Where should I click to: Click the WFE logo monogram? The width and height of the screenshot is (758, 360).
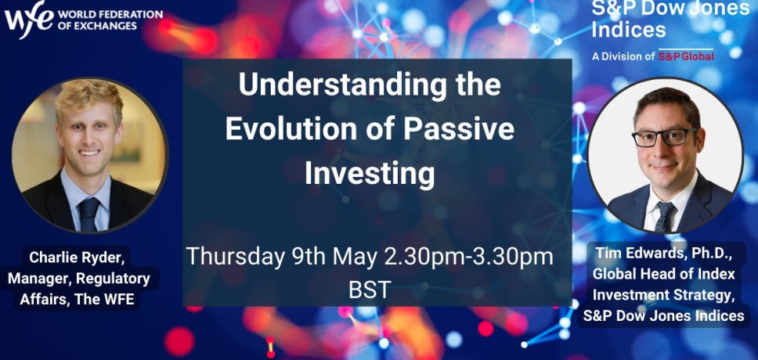(x=28, y=18)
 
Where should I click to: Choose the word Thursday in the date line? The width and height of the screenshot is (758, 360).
(x=236, y=257)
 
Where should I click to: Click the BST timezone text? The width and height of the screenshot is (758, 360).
(x=370, y=290)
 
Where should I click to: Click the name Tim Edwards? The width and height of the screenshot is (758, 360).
(x=631, y=254)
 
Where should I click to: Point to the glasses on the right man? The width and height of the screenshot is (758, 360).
(x=664, y=137)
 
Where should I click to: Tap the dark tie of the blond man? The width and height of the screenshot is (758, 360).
(x=89, y=214)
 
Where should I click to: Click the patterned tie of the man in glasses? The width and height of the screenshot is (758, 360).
(x=665, y=215)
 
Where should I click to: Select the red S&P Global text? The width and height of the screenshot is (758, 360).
(x=686, y=56)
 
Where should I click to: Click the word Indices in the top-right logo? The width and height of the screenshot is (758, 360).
(x=629, y=30)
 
